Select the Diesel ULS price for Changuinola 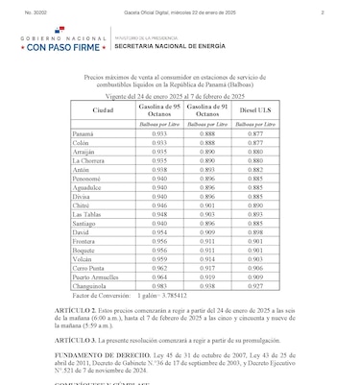[254, 258]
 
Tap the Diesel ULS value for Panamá [254, 133]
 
